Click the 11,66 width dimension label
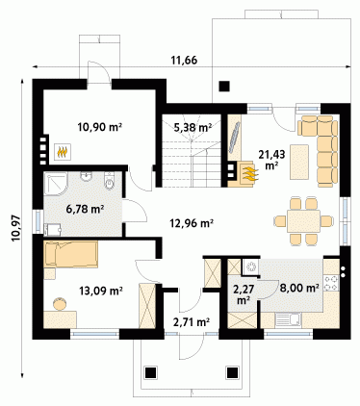coord(184,61)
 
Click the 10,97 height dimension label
coord(15,228)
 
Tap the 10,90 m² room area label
coord(100,127)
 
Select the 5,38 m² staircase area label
coord(193,128)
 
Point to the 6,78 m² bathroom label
coord(85,210)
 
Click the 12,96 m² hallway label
coord(193,222)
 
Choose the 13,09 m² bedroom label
coord(101,291)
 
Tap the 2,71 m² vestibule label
coord(192,322)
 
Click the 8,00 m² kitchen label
coord(299,288)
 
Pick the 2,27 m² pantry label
coord(244,294)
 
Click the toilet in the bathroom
coord(110,180)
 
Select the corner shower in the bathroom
coord(56,184)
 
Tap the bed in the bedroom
coord(71,255)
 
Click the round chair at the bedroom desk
coord(60,304)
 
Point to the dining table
coord(303,221)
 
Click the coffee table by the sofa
coord(299,162)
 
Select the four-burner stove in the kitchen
coord(331,283)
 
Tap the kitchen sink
coord(288,320)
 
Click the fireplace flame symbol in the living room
coord(249,172)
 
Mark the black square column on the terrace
coord(224,87)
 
